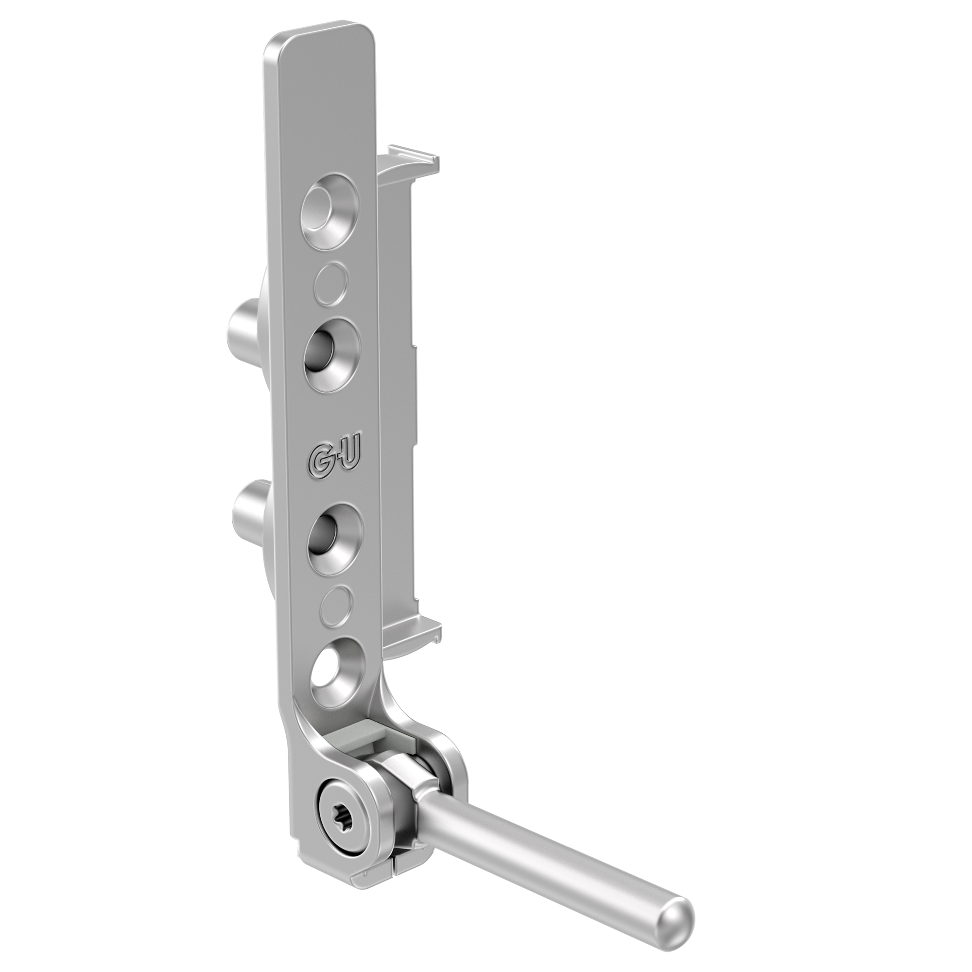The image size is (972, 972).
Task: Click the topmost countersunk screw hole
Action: [x=330, y=210]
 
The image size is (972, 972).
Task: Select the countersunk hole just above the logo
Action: [x=332, y=355]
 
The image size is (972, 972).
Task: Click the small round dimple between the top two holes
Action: [x=330, y=284]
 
